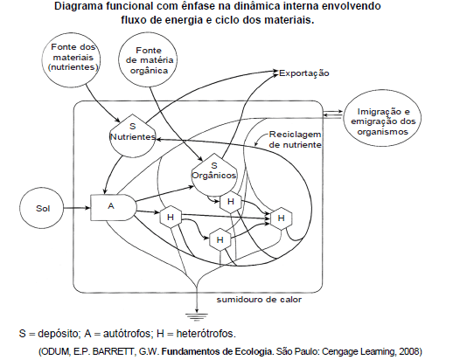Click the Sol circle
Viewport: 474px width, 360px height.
[42, 208]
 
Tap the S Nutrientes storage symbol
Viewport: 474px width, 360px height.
[132, 135]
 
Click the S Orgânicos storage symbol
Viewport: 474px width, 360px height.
[214, 174]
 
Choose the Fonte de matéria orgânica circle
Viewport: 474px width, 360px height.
[148, 59]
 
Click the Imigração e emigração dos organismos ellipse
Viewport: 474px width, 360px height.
[382, 118]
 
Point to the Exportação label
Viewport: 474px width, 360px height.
[304, 73]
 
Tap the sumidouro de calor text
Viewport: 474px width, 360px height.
[259, 300]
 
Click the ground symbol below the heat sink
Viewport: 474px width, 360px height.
[197, 317]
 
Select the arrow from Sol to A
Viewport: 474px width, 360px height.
[77, 208]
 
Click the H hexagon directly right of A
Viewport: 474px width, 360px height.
[171, 217]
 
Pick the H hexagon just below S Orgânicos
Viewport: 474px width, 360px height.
[231, 202]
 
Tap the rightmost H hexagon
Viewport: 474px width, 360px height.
[281, 218]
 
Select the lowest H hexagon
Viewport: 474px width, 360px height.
[220, 239]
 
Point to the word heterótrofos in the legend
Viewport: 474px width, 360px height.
[206, 334]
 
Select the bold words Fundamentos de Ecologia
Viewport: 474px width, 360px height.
[216, 351]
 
